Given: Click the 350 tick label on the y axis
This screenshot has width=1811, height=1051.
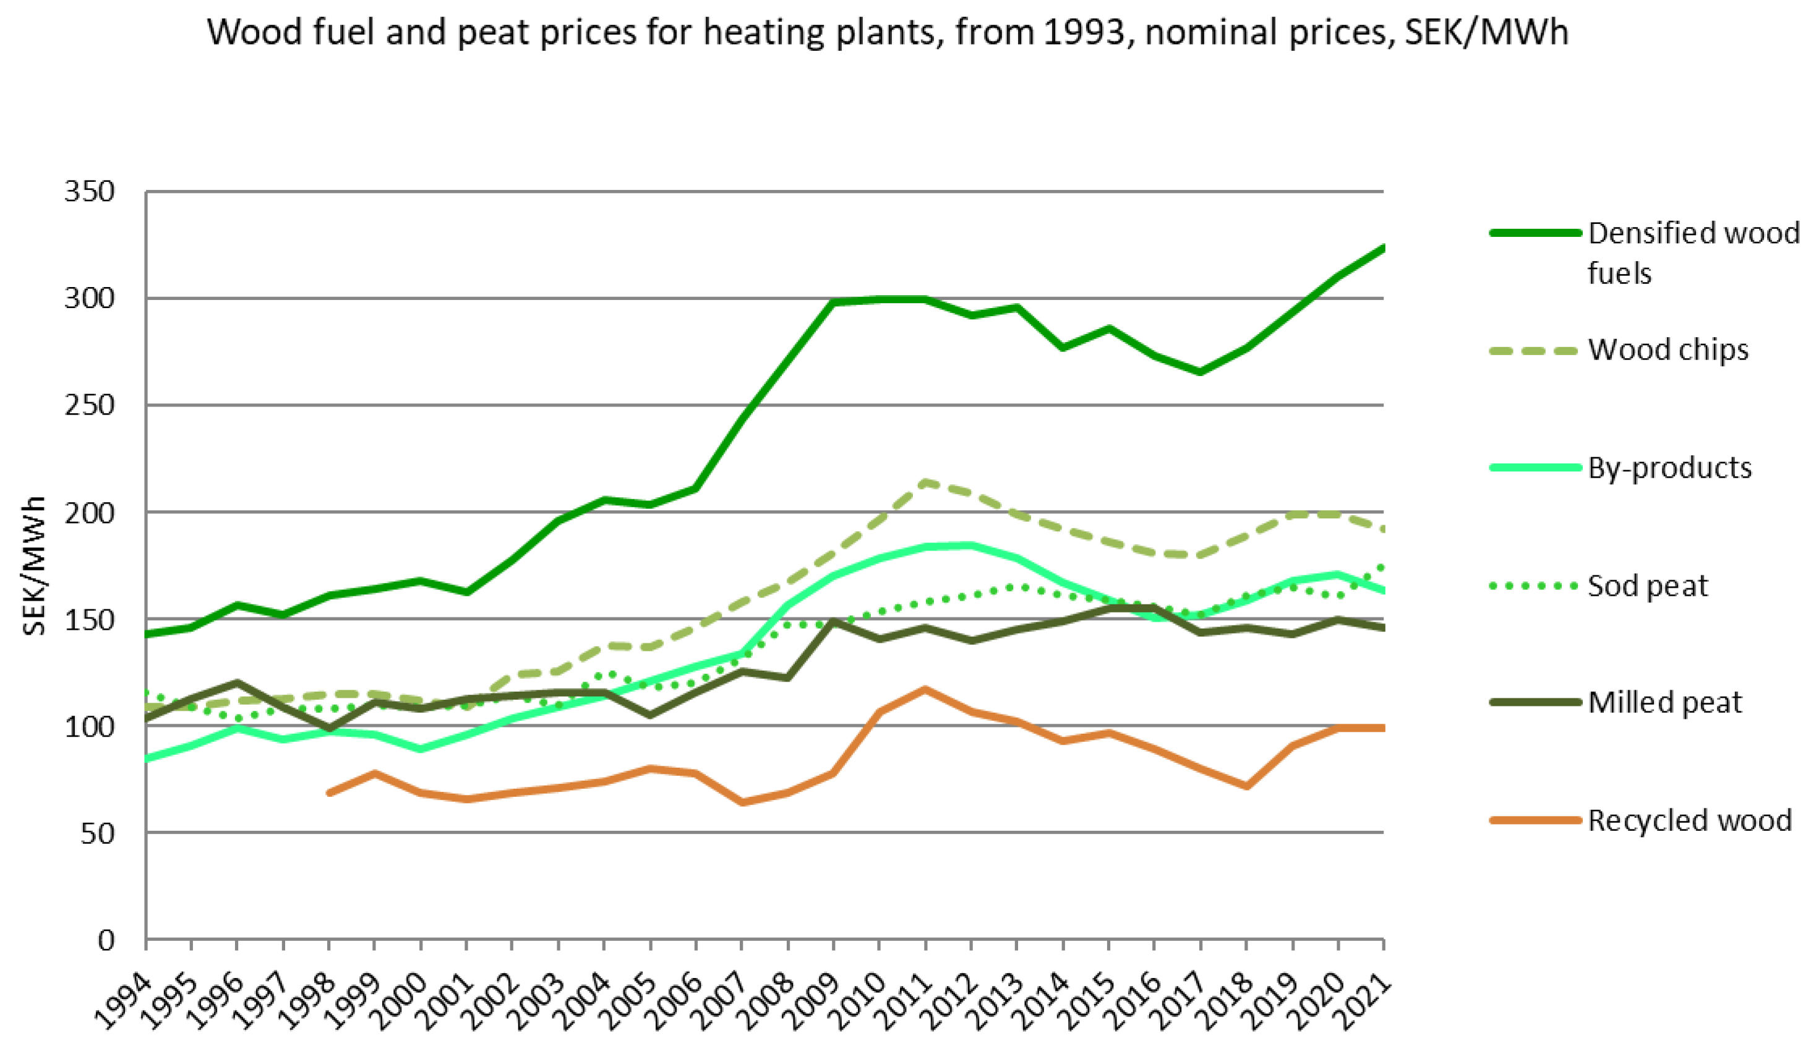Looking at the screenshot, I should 89,192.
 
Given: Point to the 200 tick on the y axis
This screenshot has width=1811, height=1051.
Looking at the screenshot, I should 89,513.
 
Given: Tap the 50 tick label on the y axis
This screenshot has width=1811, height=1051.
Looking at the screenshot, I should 98,833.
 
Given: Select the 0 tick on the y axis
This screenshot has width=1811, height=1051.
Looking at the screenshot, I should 106,940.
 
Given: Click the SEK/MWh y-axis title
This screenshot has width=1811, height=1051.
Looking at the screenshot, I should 34,566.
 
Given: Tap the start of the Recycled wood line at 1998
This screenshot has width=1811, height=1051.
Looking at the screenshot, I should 329,793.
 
